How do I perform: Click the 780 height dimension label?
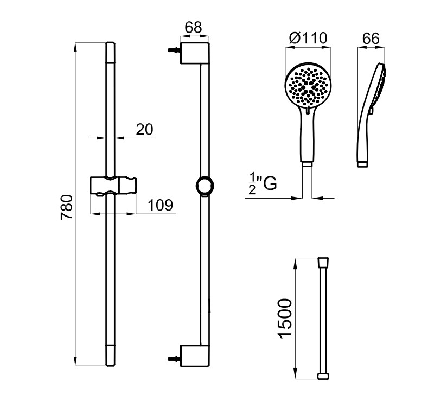pyautogui.click(x=67, y=207)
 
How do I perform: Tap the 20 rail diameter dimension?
pyautogui.click(x=144, y=129)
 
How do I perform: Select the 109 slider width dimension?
pyautogui.click(x=160, y=205)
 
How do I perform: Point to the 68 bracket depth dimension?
pyautogui.click(x=194, y=28)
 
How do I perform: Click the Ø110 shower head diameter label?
pyautogui.click(x=308, y=38)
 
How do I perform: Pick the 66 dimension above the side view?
pyautogui.click(x=371, y=39)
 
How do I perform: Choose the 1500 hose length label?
pyautogui.click(x=285, y=319)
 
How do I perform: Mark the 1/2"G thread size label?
pyautogui.click(x=263, y=183)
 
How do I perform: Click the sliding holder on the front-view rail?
pyautogui.click(x=113, y=186)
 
